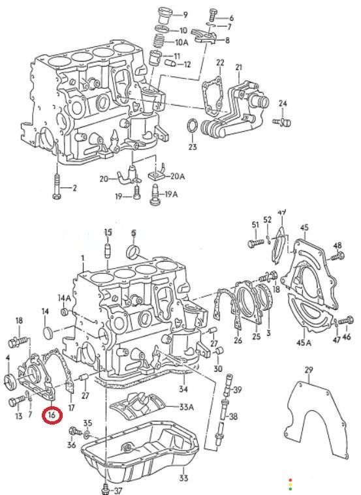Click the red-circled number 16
52,415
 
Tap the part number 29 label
309,369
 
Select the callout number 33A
187,407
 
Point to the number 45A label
304,342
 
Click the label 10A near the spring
181,42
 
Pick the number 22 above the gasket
220,63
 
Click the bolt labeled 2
57,187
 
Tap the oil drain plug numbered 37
106,489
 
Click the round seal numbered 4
10,382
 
